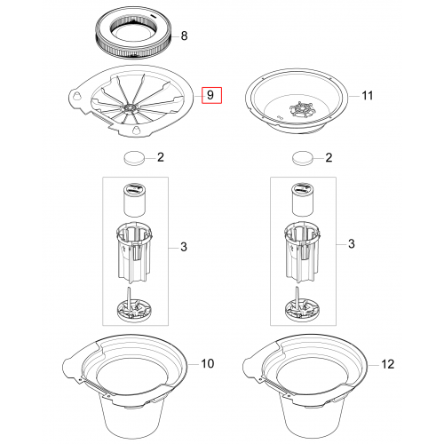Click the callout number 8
pos(184,36)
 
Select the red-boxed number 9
pos(210,95)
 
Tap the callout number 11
pos(368,96)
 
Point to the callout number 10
pos(208,363)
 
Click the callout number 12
pos(387,364)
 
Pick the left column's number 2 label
pos(161,157)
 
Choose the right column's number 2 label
pos(329,157)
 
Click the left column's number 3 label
pos(184,247)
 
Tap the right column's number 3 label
pos(352,243)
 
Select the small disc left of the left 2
pos(134,158)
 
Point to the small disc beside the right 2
pos(302,158)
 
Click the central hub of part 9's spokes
pos(131,107)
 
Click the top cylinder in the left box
pos(134,200)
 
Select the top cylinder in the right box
pos(303,200)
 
